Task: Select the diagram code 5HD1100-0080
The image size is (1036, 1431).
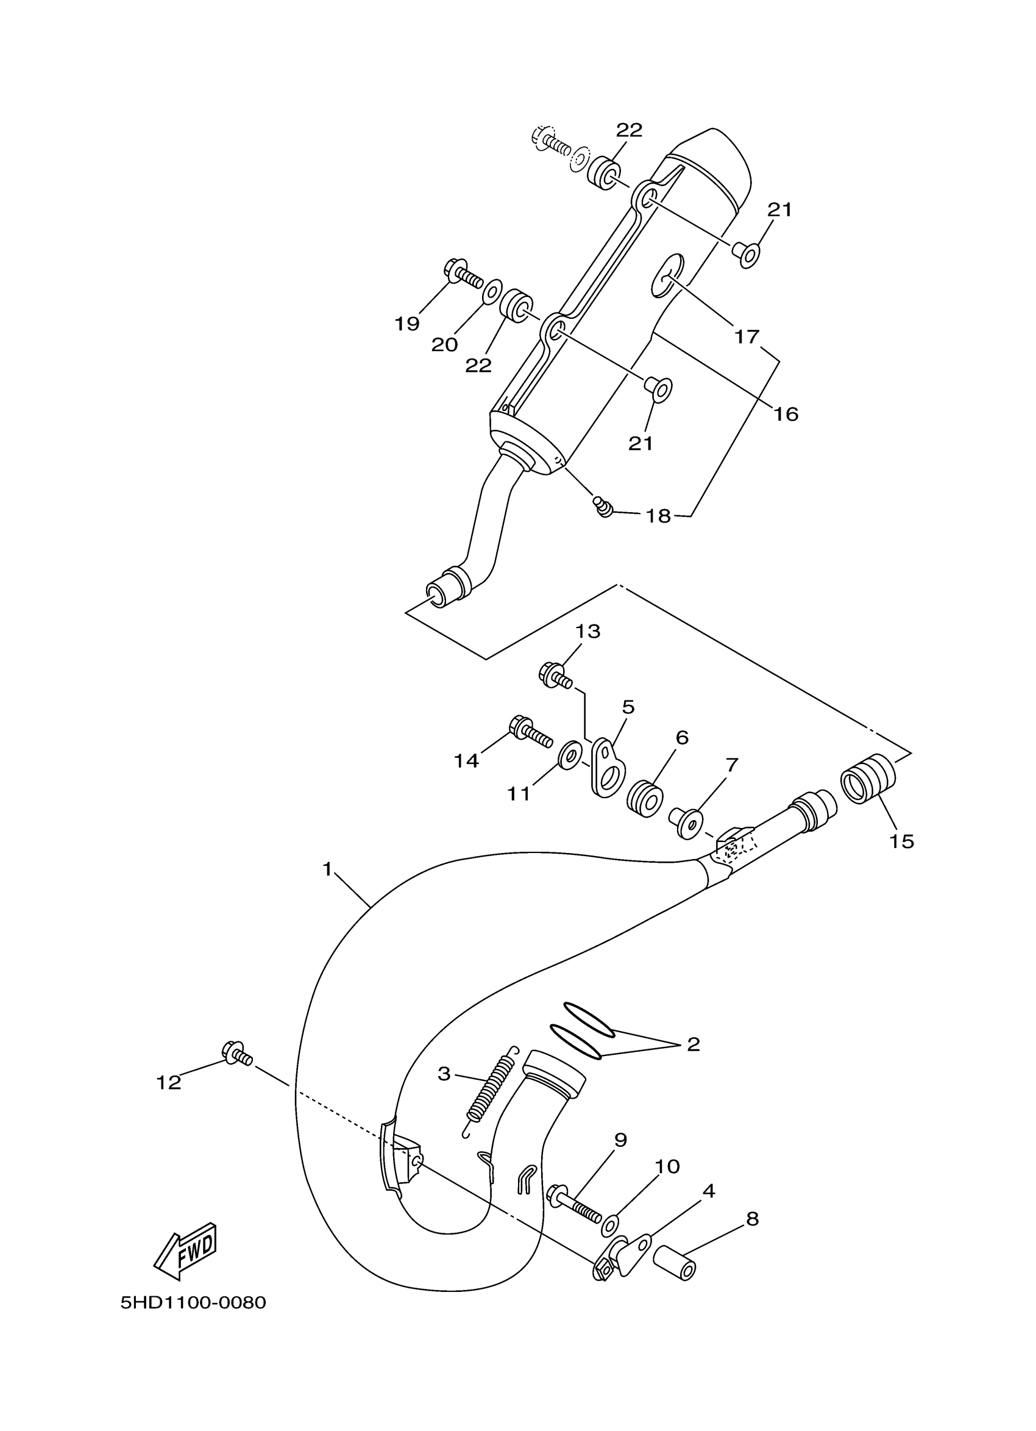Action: coord(193,1302)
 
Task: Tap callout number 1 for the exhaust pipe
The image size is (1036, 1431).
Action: coord(327,869)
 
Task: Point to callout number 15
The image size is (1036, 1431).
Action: coord(902,841)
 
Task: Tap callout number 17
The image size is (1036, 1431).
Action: coord(747,337)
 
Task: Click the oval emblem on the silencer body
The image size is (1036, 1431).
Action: coord(669,274)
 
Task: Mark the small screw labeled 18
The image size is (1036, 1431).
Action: coord(603,505)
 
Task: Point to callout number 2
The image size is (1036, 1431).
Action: coord(693,1044)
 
